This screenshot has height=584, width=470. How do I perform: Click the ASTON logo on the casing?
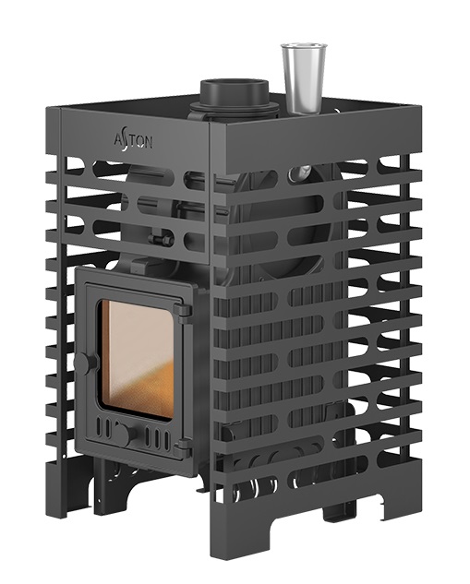point(133,142)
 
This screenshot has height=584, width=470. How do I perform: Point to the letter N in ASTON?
point(148,143)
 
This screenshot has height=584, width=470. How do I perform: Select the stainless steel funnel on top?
point(304,78)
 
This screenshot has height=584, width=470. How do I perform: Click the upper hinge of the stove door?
point(184,310)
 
